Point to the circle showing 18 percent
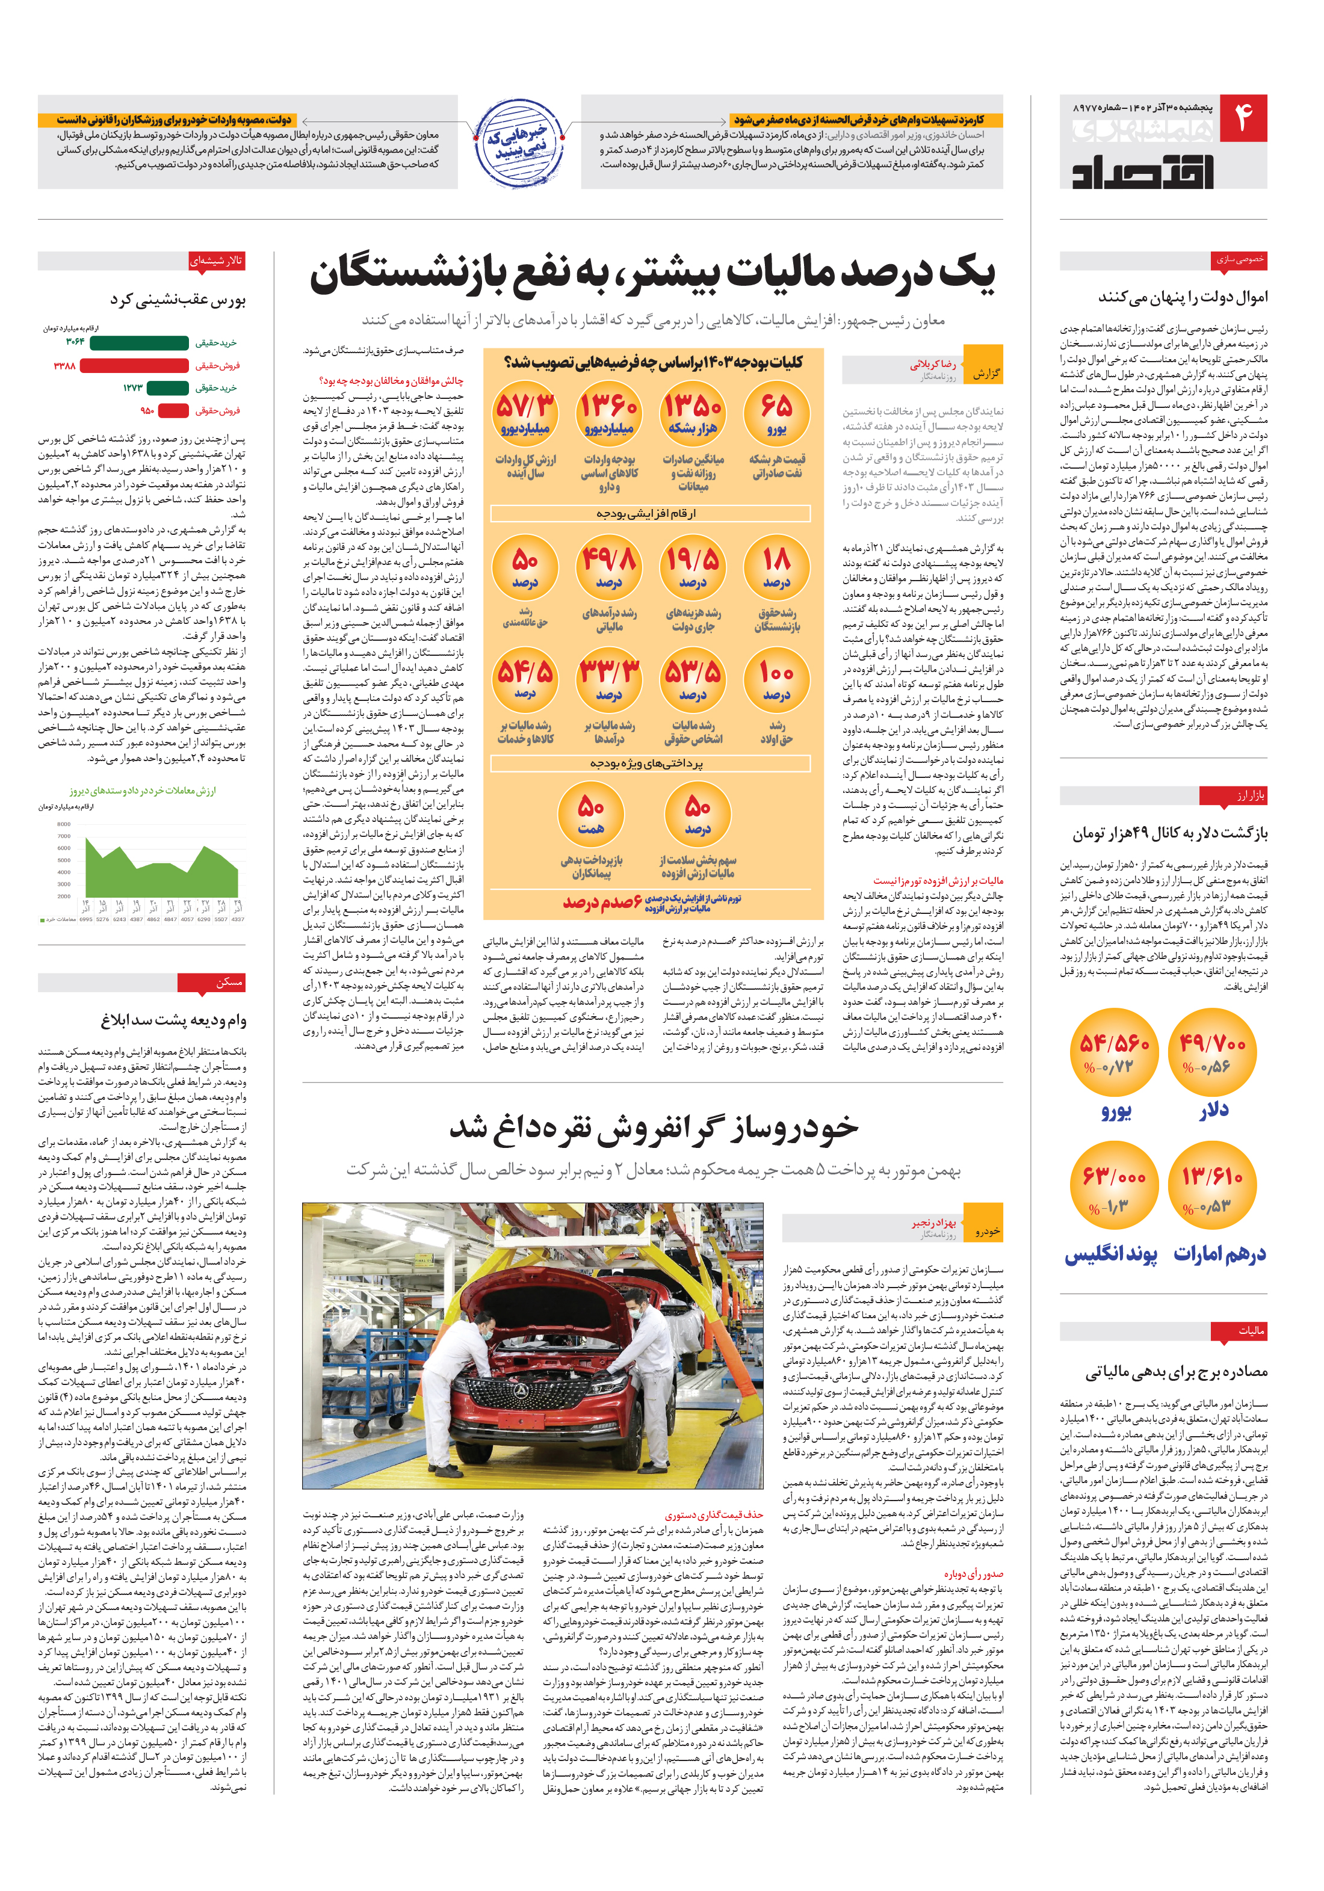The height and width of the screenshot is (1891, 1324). [x=776, y=569]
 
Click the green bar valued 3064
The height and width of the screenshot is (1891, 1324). [x=138, y=342]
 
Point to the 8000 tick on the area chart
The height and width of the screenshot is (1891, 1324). [x=64, y=824]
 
